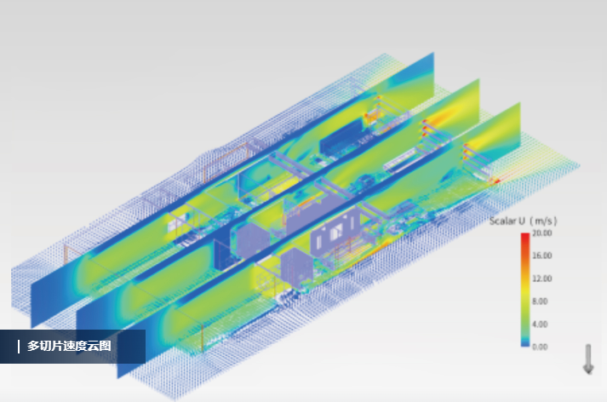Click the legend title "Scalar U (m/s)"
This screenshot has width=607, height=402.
coord(523,221)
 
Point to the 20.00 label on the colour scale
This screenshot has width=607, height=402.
coord(542,233)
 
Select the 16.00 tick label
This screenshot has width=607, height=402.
coord(542,256)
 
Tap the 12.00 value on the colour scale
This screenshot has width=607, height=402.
coord(542,279)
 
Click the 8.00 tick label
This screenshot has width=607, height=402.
coord(540,301)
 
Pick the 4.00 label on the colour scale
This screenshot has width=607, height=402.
coord(540,324)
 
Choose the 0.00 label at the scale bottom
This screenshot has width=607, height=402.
coord(540,347)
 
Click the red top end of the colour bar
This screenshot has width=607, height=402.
coord(525,235)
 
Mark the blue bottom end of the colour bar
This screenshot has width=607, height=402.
coord(525,344)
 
